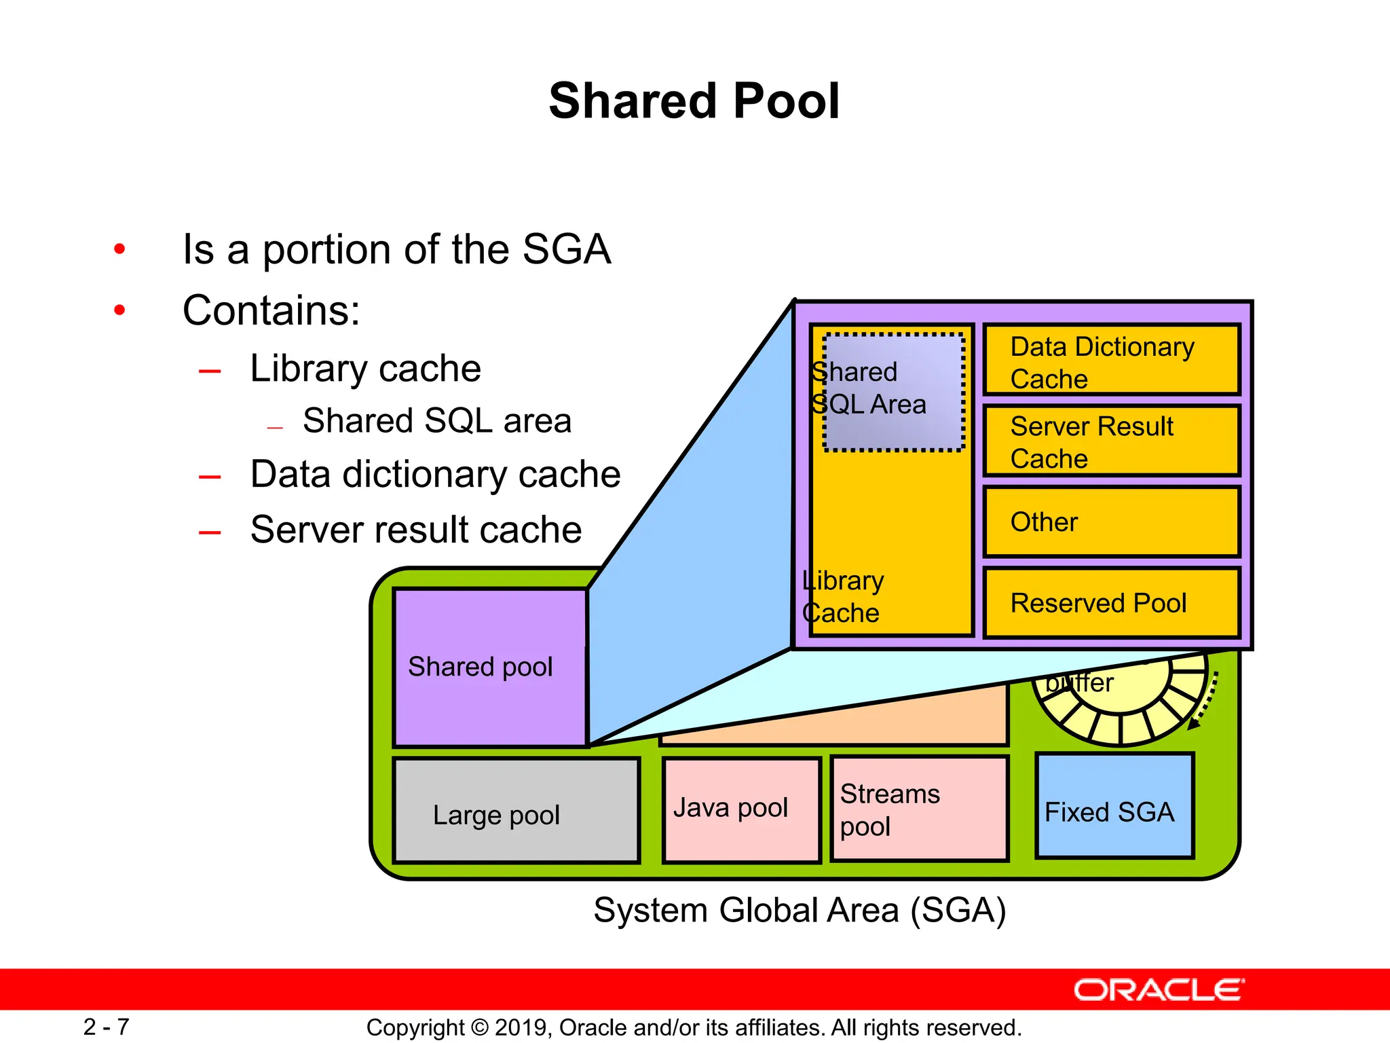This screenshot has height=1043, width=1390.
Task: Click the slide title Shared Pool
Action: click(x=694, y=101)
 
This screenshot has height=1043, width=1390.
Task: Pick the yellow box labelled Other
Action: click(x=1111, y=521)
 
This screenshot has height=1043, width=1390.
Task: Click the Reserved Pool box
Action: click(x=1111, y=603)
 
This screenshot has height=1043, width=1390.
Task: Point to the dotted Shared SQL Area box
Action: click(x=894, y=392)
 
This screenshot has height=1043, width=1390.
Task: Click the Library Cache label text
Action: click(x=842, y=597)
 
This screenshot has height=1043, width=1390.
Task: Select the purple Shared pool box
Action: click(x=489, y=667)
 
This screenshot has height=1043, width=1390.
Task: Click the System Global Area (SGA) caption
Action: click(x=800, y=910)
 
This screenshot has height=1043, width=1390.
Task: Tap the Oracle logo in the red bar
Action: click(x=1159, y=990)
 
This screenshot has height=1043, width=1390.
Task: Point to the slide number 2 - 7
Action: click(x=106, y=1027)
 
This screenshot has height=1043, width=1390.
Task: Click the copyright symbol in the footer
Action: click(x=479, y=1027)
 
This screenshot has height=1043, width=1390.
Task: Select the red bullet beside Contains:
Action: click(x=120, y=311)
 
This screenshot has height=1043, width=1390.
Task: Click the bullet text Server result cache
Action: click(x=415, y=530)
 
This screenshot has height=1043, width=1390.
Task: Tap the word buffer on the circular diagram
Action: click(x=1079, y=682)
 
